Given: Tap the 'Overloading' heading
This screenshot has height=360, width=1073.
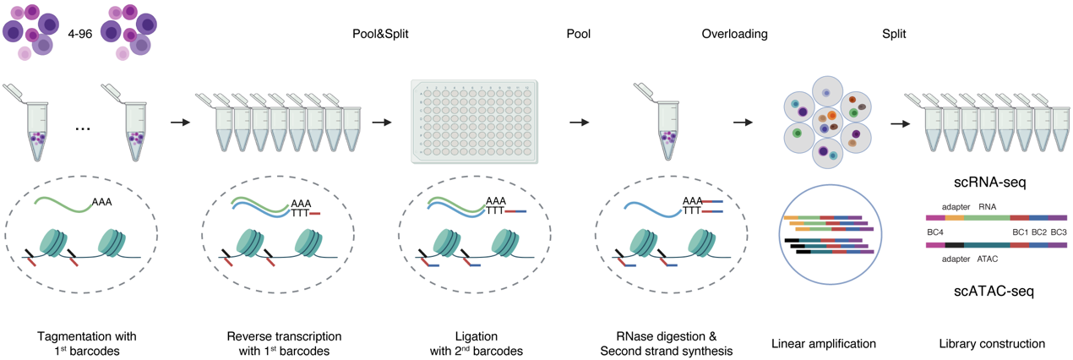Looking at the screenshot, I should pyautogui.click(x=734, y=35).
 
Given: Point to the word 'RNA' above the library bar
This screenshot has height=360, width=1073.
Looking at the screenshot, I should pyautogui.click(x=988, y=205).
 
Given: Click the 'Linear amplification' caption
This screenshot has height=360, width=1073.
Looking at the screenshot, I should pyautogui.click(x=824, y=344).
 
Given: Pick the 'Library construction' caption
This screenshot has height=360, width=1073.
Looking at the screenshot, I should pyautogui.click(x=992, y=344).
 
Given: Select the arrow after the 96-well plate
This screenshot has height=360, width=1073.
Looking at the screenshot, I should pyautogui.click(x=579, y=123).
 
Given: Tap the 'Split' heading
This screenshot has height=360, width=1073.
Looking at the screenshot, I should pyautogui.click(x=893, y=35).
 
